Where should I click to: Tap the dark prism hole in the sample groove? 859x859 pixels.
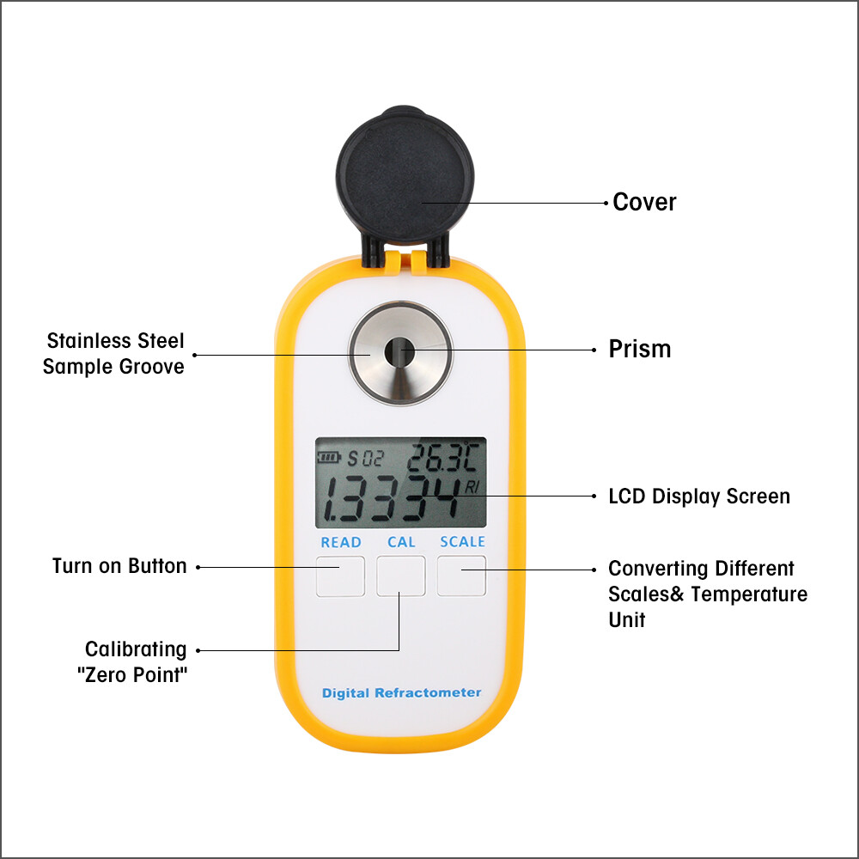click(399, 351)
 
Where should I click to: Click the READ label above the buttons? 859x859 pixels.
click(341, 542)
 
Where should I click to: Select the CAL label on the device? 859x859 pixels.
click(401, 542)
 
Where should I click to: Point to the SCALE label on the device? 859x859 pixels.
click(462, 542)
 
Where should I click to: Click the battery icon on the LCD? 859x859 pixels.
click(328, 457)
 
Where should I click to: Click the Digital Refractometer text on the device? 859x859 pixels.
click(401, 692)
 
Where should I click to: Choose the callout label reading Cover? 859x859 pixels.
click(644, 203)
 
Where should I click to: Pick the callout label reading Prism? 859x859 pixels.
click(640, 350)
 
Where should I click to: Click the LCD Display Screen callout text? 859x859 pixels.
click(698, 497)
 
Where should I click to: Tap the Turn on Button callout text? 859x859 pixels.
click(119, 566)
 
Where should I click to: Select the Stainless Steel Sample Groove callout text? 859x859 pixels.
click(114, 354)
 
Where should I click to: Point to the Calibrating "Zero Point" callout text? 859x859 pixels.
click(134, 661)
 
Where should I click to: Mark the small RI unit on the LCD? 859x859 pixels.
click(472, 487)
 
